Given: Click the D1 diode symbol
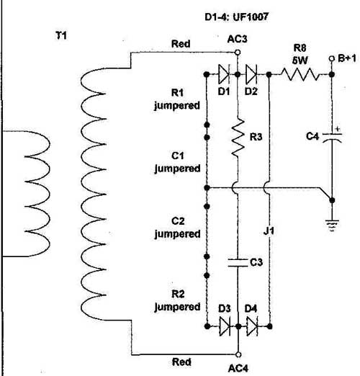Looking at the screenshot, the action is (224, 74).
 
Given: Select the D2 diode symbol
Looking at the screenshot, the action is (251, 74).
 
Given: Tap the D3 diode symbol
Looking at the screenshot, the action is (225, 326).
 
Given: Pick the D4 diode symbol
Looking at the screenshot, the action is (252, 326).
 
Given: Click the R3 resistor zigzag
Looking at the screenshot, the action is (238, 138).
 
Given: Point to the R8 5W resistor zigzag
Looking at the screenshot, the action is (300, 74).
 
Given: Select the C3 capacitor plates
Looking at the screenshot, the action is (238, 263).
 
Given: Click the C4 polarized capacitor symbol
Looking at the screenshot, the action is (332, 138).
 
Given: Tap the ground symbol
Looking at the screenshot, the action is (332, 225).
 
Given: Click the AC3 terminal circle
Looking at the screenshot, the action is (238, 52).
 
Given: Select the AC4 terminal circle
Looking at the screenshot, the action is (238, 354).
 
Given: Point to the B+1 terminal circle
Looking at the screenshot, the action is (332, 58).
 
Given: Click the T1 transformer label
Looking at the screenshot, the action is (61, 36).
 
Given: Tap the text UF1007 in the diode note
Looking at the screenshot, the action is (251, 17).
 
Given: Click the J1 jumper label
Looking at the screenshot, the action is (269, 231).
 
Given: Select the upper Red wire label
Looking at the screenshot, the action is (181, 44).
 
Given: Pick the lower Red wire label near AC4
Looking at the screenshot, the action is (181, 362).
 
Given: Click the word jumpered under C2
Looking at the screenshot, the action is (177, 234).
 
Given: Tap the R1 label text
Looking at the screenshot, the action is (177, 93).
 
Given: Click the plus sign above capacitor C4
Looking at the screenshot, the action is (338, 129).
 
